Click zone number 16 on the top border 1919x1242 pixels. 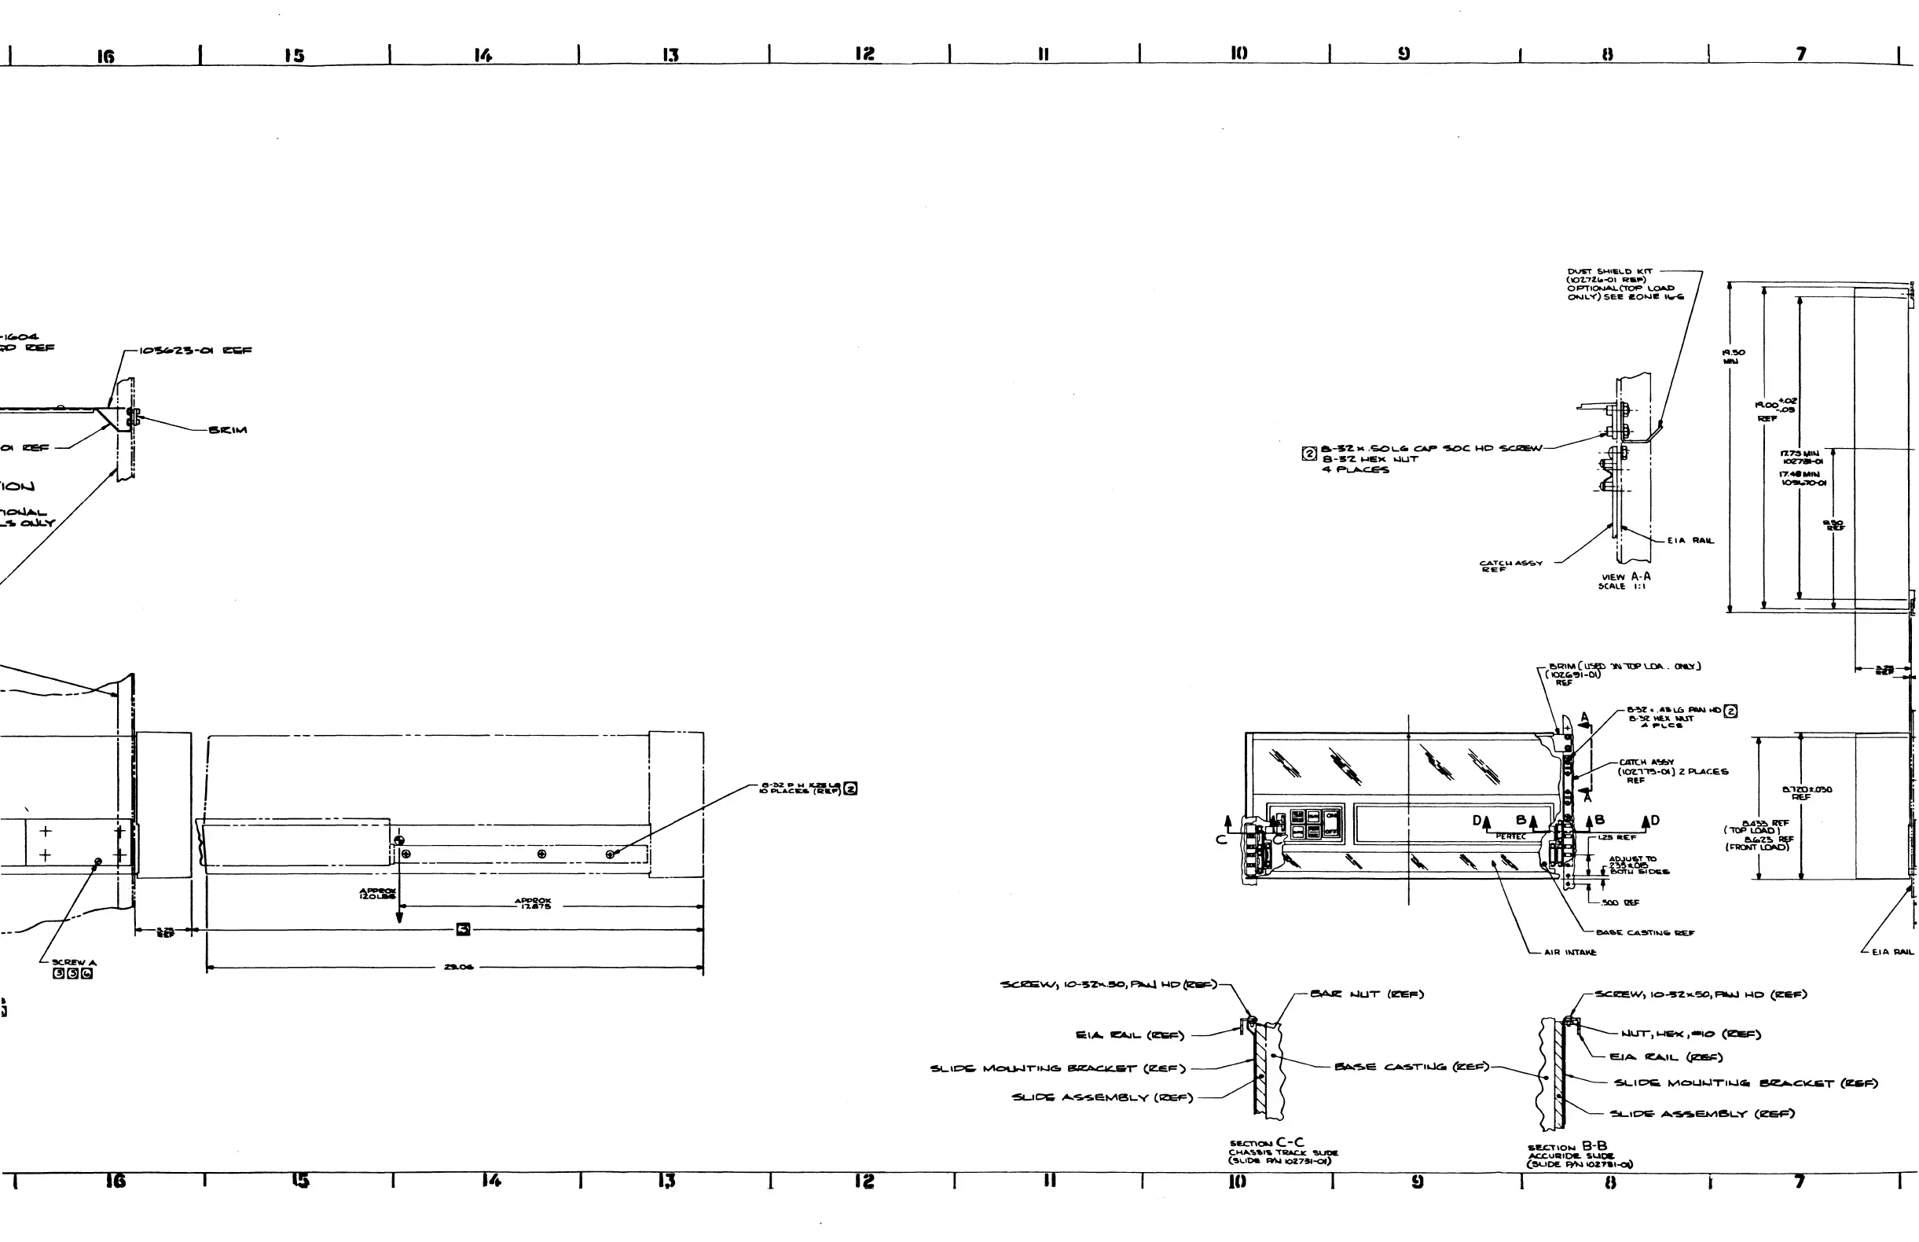click(105, 57)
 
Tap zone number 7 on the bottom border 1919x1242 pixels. click(1799, 1181)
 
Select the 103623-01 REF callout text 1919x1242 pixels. click(195, 351)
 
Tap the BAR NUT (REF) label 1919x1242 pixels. click(1367, 994)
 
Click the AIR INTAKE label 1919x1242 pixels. click(1570, 953)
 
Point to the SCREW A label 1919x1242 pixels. click(73, 962)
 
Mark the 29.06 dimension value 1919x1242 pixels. click(458, 967)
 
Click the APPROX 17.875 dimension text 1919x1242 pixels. click(532, 903)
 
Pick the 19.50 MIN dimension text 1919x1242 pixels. click(1733, 356)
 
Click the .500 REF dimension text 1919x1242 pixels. click(1620, 902)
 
